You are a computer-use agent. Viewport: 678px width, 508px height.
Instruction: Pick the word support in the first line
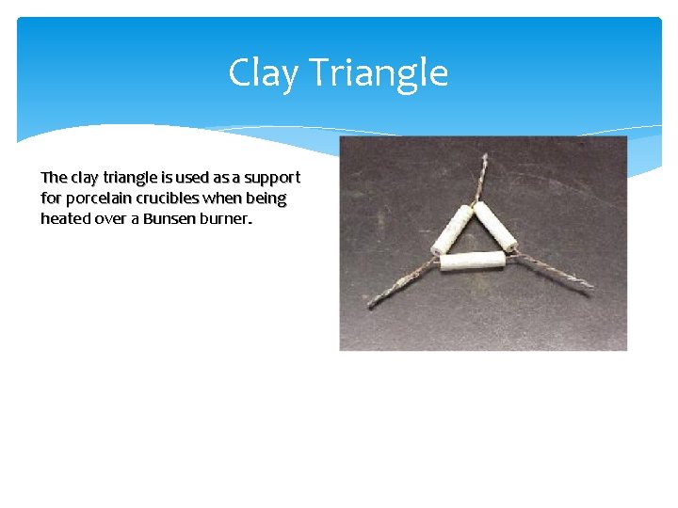[x=271, y=178]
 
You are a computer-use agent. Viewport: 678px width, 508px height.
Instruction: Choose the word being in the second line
[x=266, y=198]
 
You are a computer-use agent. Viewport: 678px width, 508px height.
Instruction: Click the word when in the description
[x=224, y=198]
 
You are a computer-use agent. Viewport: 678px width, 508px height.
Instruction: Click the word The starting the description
[x=54, y=178]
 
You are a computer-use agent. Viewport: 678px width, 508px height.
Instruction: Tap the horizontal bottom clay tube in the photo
[x=473, y=260]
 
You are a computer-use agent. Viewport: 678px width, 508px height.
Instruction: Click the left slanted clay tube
[x=453, y=230]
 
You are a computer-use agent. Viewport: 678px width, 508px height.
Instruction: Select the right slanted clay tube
[x=494, y=227]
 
